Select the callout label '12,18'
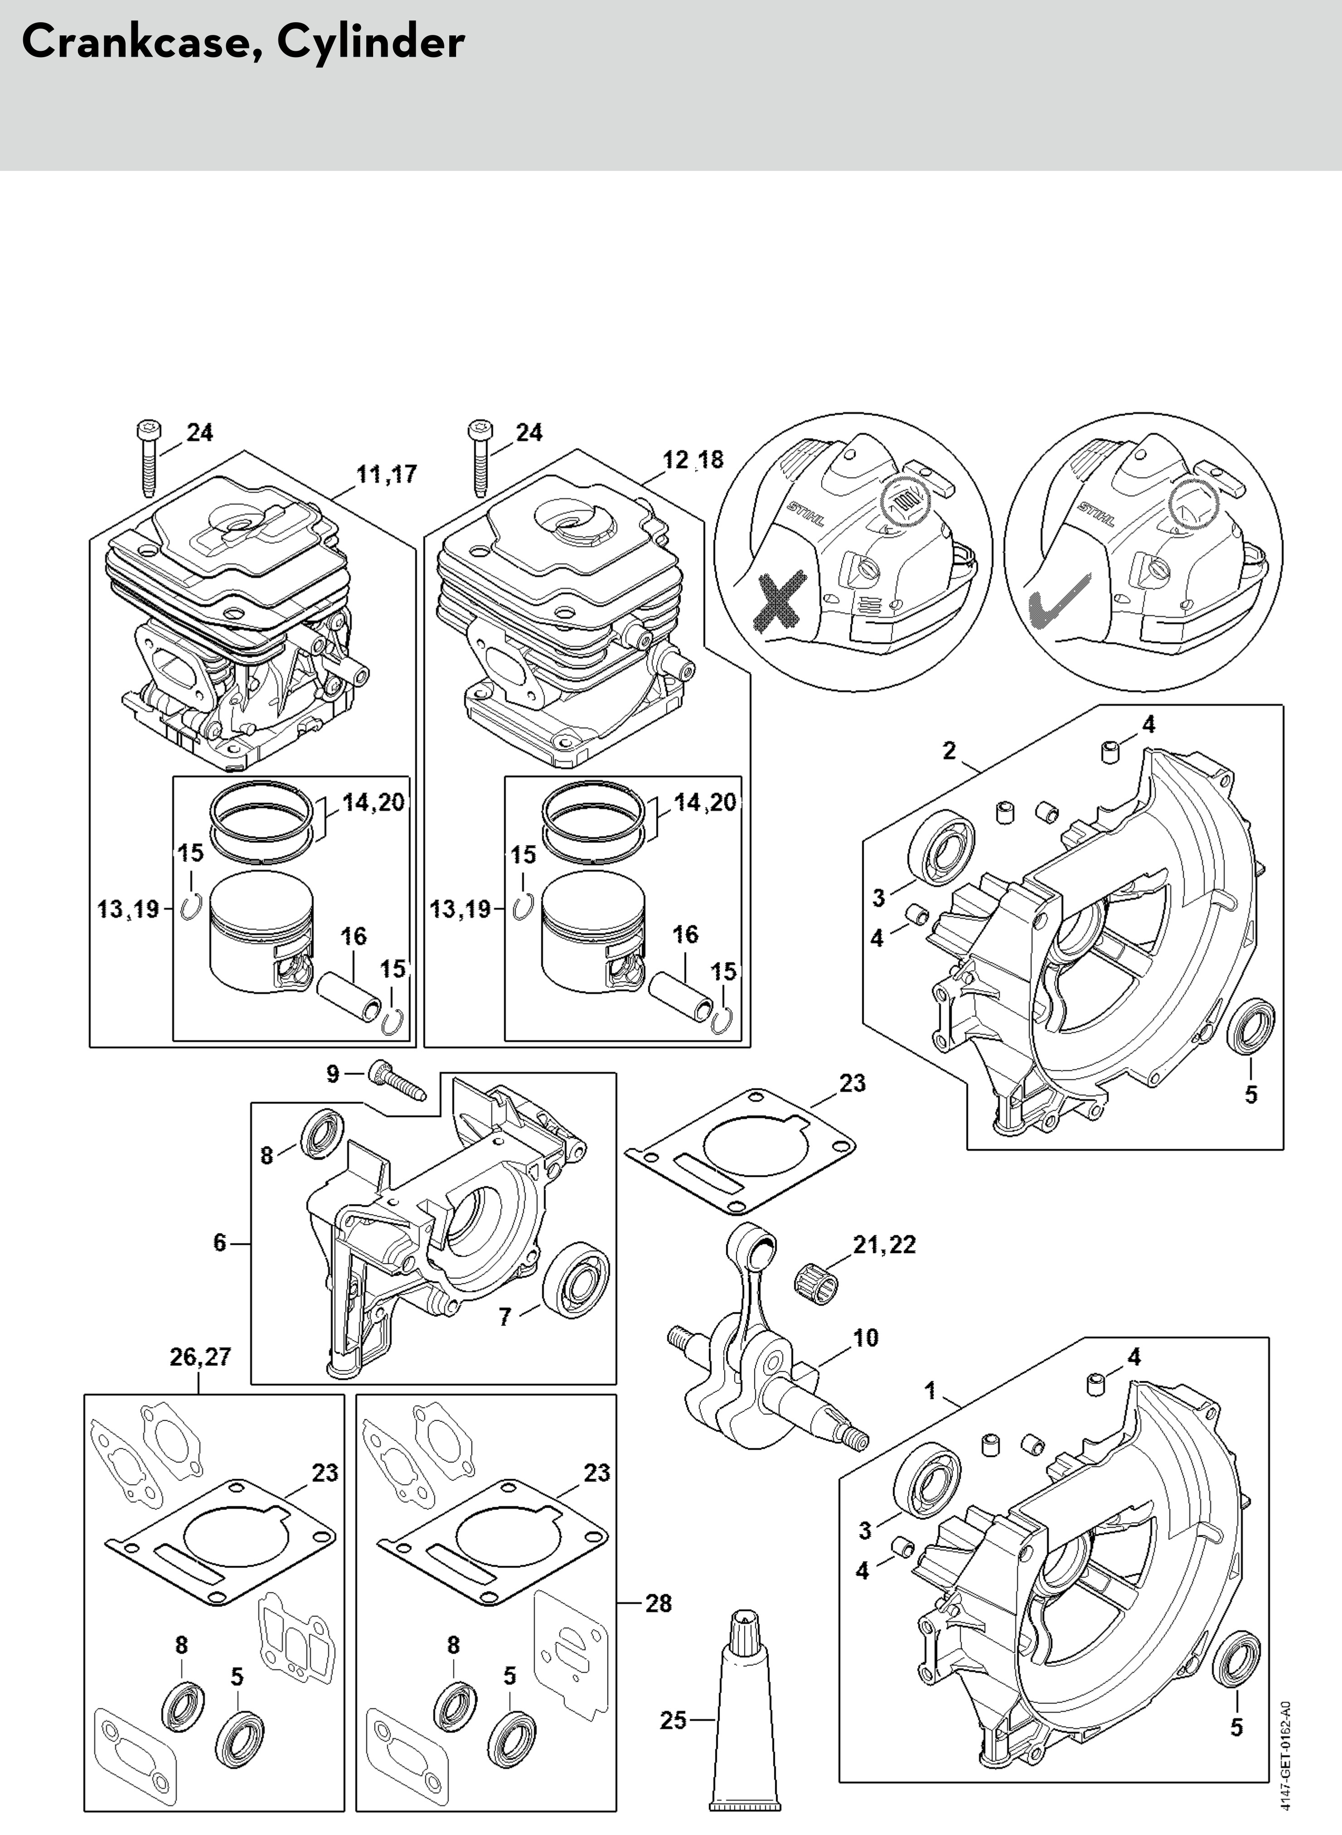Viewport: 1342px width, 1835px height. [x=692, y=460]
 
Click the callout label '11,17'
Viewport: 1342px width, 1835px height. [x=387, y=474]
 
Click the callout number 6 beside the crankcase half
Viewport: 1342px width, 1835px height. [x=219, y=1243]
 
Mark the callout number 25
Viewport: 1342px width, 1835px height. [x=673, y=1720]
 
